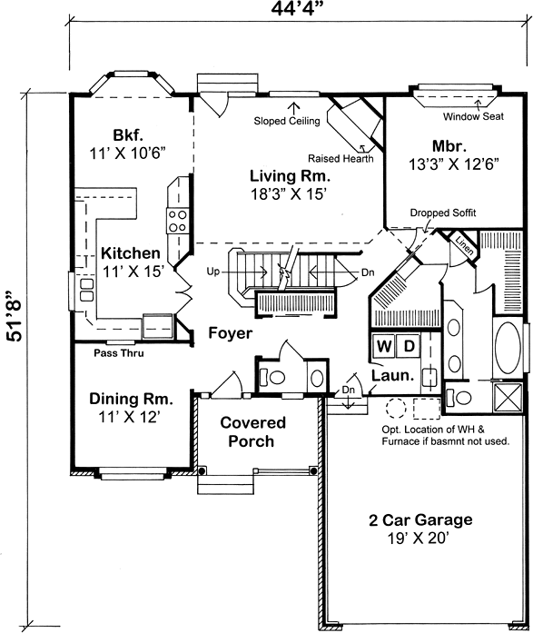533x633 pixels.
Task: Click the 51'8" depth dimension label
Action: tap(13, 315)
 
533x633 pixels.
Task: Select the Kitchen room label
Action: tap(131, 253)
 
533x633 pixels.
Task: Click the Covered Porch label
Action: tap(253, 432)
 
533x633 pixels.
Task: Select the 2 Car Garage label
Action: tap(419, 520)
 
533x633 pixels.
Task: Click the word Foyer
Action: tap(230, 333)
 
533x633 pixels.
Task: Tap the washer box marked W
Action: tap(384, 346)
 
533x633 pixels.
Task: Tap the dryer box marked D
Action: tap(409, 346)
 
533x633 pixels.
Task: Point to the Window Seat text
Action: tap(474, 117)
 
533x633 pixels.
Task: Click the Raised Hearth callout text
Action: tap(340, 157)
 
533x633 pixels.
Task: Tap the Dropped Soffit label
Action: tap(443, 213)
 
